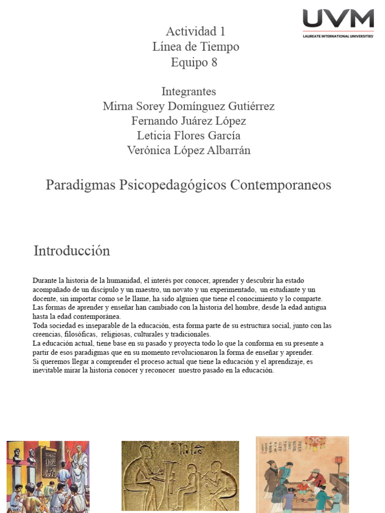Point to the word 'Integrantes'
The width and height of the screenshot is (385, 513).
click(x=188, y=92)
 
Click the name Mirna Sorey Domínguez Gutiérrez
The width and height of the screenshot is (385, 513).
click(x=188, y=106)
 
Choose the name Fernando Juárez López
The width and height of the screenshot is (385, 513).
click(x=188, y=121)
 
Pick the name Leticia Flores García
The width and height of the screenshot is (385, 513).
click(x=188, y=135)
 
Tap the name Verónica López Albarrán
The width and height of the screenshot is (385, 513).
click(x=188, y=150)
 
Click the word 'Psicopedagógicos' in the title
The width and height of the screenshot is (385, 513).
click(x=173, y=185)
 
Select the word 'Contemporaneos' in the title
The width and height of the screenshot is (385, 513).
click(x=281, y=185)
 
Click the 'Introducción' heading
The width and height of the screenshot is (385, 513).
click(x=72, y=250)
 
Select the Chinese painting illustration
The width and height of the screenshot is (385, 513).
click(x=302, y=474)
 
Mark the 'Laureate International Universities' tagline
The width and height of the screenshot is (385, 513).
click(x=338, y=36)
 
